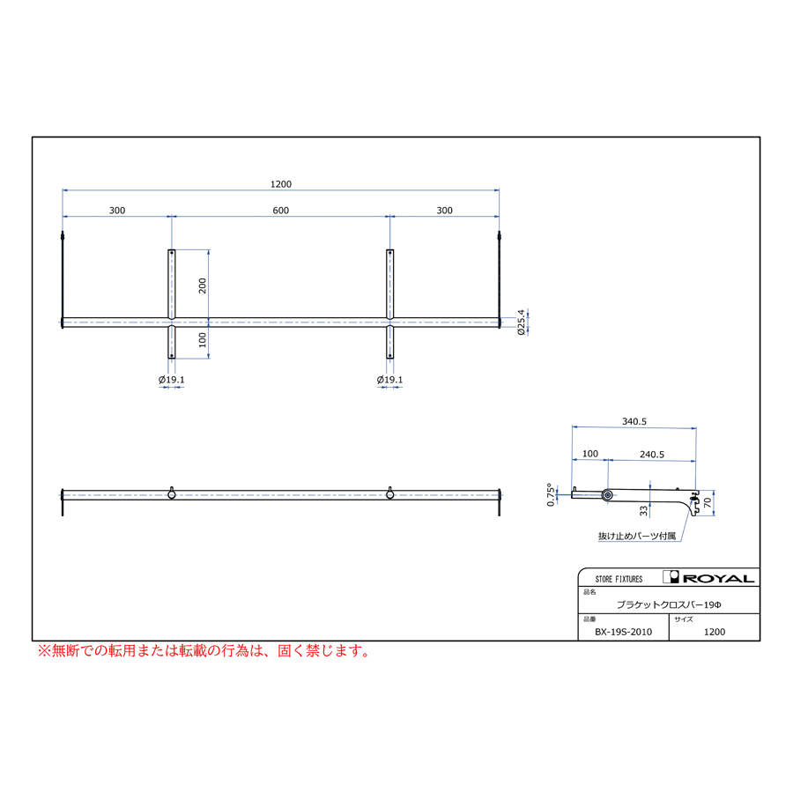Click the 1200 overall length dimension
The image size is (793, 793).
click(x=281, y=184)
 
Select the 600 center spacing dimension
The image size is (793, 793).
click(x=281, y=211)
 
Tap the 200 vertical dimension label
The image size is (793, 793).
click(x=203, y=285)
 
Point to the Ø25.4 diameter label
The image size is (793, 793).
click(x=521, y=322)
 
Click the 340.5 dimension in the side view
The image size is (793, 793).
click(x=634, y=421)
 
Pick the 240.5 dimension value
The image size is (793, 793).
click(x=652, y=454)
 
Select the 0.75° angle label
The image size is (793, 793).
click(x=551, y=494)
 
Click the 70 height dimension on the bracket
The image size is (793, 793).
click(x=708, y=502)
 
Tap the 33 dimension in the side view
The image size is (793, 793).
click(x=643, y=511)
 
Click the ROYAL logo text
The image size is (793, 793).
click(x=719, y=578)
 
